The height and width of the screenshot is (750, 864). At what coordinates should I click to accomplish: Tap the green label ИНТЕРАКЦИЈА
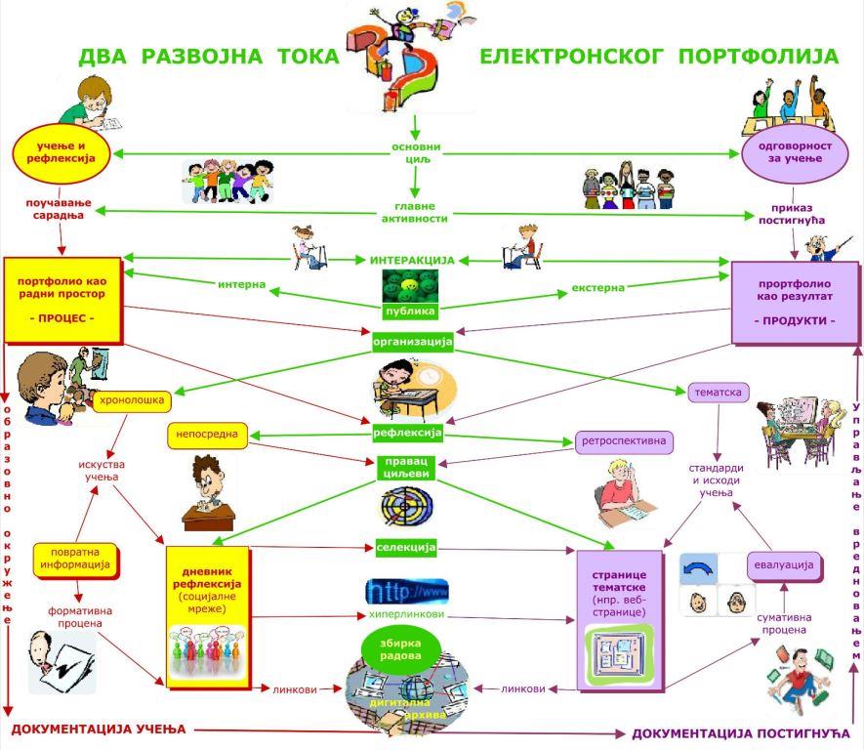coord(412,261)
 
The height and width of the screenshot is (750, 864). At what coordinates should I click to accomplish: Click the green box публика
coord(410,312)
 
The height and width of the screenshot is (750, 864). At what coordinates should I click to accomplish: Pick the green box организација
coord(413,343)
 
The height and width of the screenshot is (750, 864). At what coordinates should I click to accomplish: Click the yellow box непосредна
coord(208,433)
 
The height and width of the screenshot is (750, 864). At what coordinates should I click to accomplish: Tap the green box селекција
coord(406,547)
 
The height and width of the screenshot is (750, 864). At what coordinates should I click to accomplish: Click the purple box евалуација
coord(782,564)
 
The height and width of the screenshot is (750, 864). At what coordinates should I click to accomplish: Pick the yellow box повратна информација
coord(75,558)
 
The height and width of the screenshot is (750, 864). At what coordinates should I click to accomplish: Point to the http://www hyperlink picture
coord(407,591)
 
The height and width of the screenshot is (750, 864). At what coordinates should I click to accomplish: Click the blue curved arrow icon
coord(698,568)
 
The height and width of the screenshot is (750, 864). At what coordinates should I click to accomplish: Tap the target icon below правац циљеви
coord(406,506)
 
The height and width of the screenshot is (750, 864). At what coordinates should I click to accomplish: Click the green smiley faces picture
coord(410,286)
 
